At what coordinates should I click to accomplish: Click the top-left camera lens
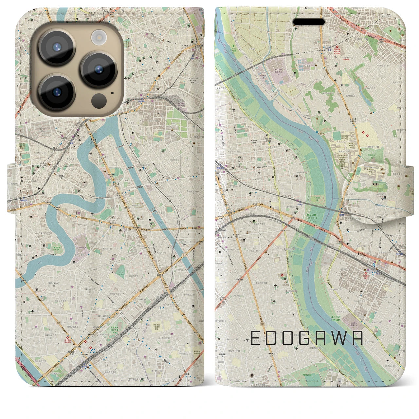[x=57, y=47]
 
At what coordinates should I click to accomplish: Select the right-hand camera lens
[x=99, y=69]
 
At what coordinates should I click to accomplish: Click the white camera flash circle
[x=98, y=37]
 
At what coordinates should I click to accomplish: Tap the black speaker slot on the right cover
[x=309, y=22]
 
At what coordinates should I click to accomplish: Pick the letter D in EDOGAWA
[x=271, y=338]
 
